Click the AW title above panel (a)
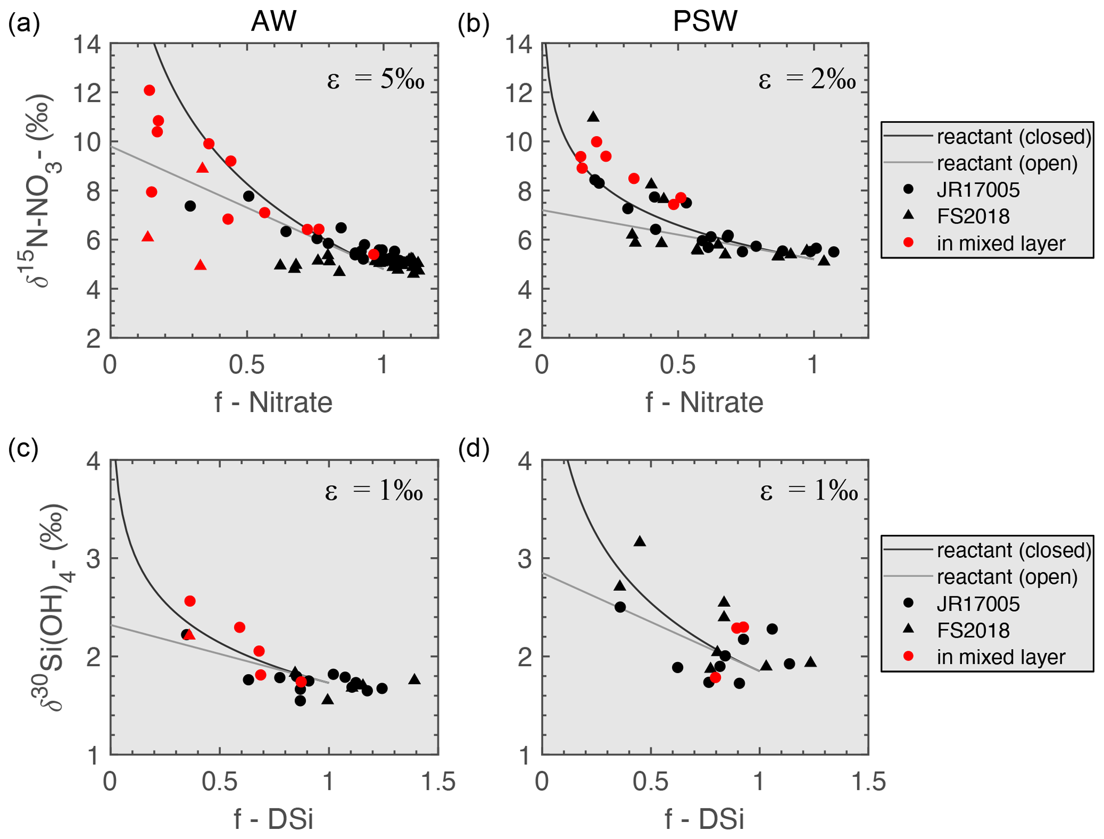(273, 21)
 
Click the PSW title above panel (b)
(704, 21)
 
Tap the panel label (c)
(23, 449)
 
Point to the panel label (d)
(474, 449)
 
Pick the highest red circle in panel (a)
(150, 90)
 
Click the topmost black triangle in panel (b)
(593, 117)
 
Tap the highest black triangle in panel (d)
(640, 542)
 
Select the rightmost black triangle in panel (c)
(414, 679)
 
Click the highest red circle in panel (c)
(190, 601)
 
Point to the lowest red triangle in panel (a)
(200, 265)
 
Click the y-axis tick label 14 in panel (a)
(87, 44)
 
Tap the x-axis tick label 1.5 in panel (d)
(868, 782)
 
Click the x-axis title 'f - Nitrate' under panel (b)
(704, 402)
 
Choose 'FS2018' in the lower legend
(973, 630)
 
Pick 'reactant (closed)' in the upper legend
(1014, 137)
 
